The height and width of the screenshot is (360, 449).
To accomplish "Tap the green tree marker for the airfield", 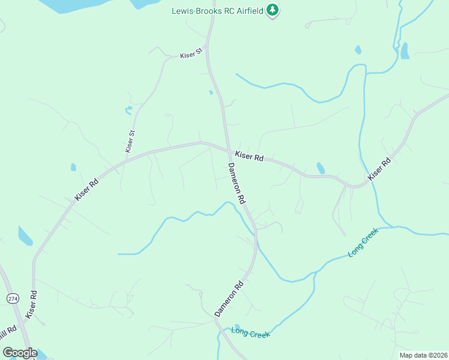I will [x=273, y=10].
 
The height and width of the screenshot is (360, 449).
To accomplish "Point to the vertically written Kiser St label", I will [x=130, y=140].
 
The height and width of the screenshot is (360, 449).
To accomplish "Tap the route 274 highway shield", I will [x=12, y=298].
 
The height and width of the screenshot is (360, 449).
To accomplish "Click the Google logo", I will [x=20, y=352].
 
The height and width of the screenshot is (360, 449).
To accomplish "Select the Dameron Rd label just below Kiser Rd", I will [x=236, y=182].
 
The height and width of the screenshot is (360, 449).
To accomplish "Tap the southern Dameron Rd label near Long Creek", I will [x=229, y=299].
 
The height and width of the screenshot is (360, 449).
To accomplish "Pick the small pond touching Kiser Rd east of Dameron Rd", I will [x=321, y=168].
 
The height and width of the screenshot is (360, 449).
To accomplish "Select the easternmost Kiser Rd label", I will [x=379, y=169].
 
